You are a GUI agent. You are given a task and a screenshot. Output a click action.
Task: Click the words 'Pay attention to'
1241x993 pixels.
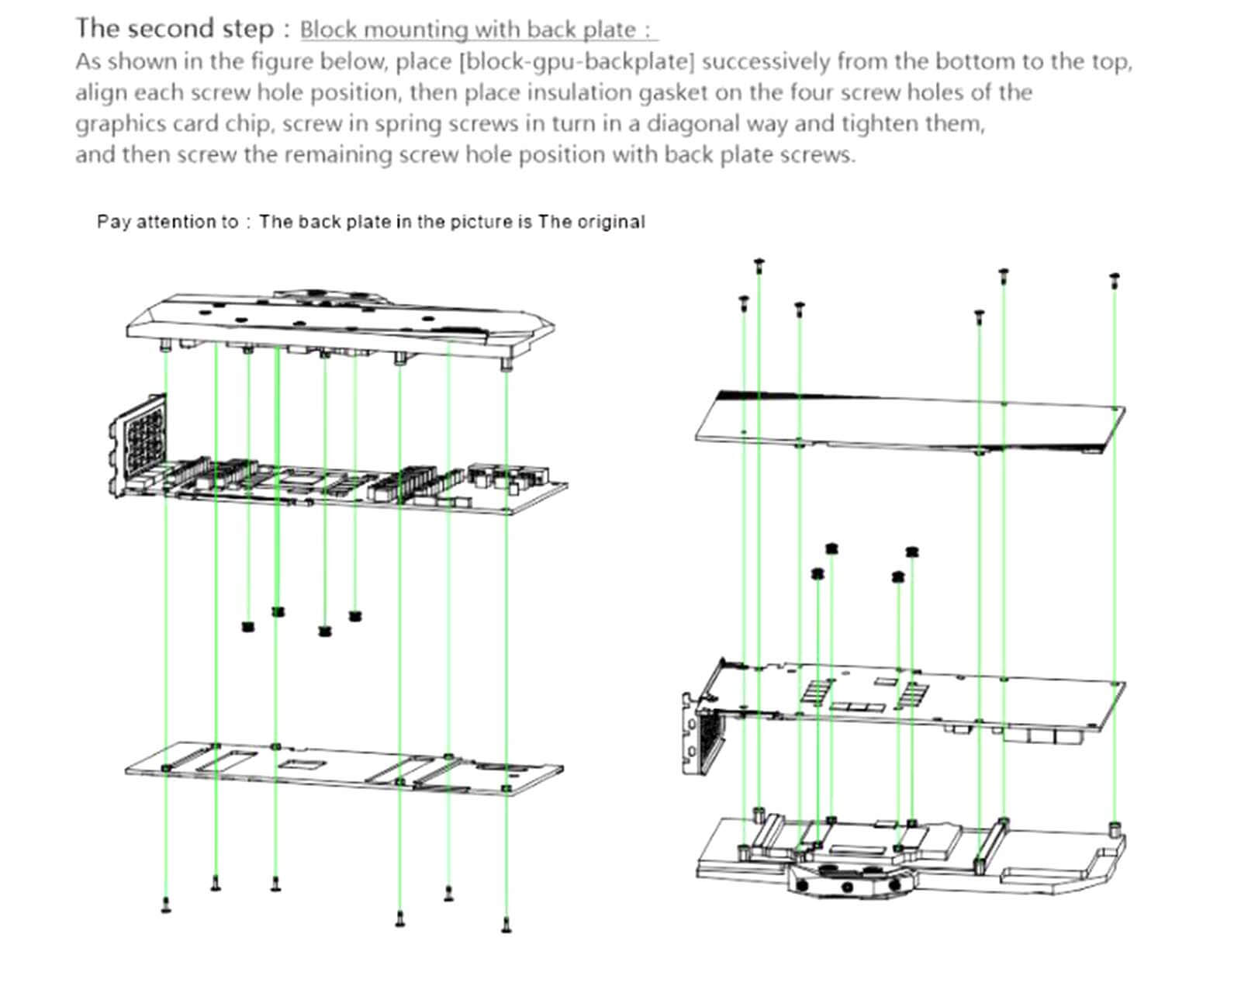[x=167, y=222]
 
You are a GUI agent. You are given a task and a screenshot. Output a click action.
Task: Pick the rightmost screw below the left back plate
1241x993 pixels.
[x=506, y=923]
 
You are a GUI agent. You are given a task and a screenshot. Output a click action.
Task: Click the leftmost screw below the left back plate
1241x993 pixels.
[x=165, y=904]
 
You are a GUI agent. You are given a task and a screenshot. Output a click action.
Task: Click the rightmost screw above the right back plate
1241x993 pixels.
[x=1115, y=279]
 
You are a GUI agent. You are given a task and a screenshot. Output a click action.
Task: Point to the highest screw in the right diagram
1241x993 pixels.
[x=759, y=265]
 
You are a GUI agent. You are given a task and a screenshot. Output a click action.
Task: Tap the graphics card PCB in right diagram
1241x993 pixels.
[x=915, y=694]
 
